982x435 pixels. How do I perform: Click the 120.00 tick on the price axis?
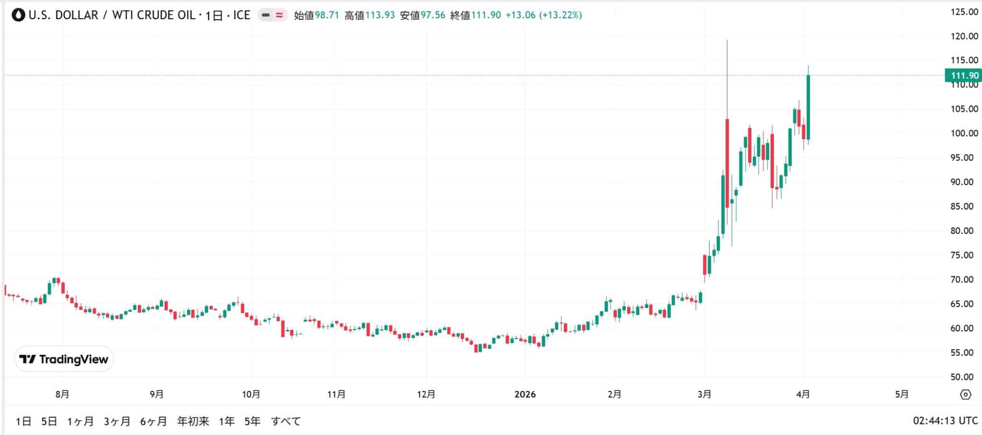pyautogui.click(x=964, y=36)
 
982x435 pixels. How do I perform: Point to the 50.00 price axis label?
pyautogui.click(x=964, y=377)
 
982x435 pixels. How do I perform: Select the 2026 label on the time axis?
pyautogui.click(x=525, y=394)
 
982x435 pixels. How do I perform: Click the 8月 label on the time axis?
pyautogui.click(x=62, y=394)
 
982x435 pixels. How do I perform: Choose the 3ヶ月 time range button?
pyautogui.click(x=117, y=421)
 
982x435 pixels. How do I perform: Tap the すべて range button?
pyautogui.click(x=286, y=421)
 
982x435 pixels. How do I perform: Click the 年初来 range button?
pyautogui.click(x=193, y=421)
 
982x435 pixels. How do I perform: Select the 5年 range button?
pyautogui.click(x=252, y=421)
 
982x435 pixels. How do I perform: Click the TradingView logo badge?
pyautogui.click(x=64, y=359)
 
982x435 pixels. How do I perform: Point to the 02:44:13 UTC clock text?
pyautogui.click(x=945, y=421)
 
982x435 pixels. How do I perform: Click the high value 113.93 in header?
pyautogui.click(x=380, y=15)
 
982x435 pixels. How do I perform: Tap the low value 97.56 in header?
pyautogui.click(x=433, y=15)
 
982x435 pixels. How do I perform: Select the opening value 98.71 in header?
pyautogui.click(x=327, y=15)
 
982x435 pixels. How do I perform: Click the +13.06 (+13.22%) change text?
pyautogui.click(x=544, y=15)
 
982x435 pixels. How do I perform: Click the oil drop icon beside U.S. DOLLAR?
pyautogui.click(x=19, y=15)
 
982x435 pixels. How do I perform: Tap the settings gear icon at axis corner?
pyautogui.click(x=966, y=394)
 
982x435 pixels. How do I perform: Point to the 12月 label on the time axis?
pyautogui.click(x=426, y=394)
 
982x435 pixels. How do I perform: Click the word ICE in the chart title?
pyautogui.click(x=242, y=15)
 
